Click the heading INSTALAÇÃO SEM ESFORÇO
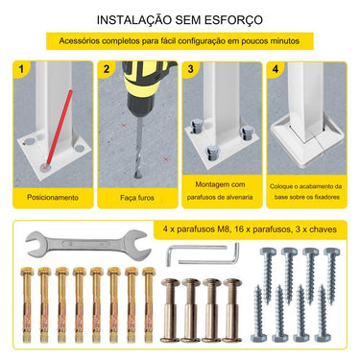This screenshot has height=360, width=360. (180, 19)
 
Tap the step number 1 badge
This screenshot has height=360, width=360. (21, 69)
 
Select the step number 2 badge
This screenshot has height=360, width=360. (107, 69)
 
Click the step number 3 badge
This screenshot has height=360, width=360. (191, 69)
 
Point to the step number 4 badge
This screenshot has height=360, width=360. (276, 69)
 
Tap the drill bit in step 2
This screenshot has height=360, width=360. (137, 140)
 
